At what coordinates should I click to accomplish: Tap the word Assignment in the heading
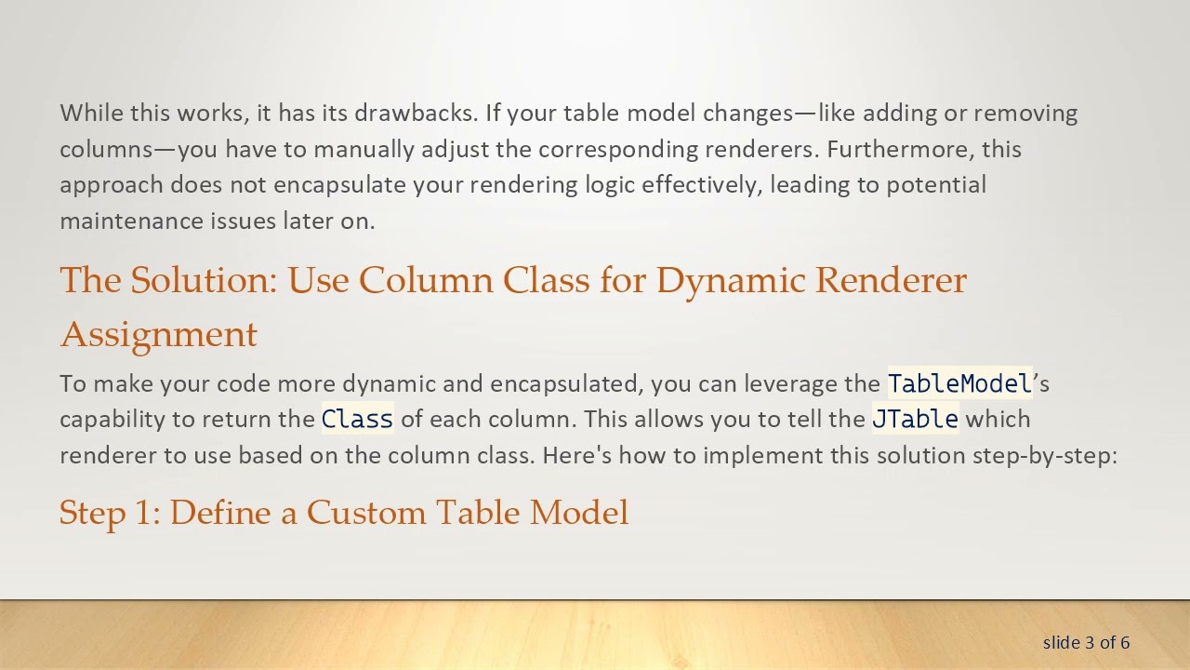158,334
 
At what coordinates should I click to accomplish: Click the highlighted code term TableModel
959,383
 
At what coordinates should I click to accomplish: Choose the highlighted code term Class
357,420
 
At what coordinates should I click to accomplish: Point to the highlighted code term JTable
915,420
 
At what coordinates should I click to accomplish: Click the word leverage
790,383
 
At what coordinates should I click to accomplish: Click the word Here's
576,455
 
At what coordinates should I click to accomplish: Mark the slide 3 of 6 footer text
1086,642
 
